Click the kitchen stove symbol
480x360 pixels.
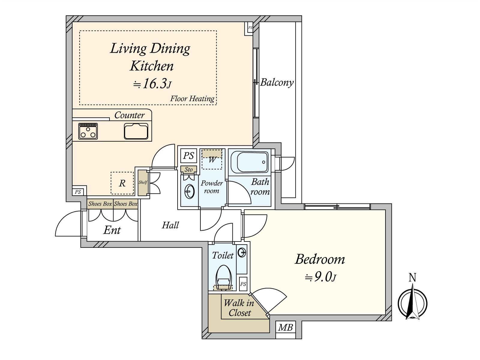(88, 131)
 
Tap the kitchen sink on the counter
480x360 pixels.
(136, 131)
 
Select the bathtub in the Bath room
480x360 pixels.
(250, 162)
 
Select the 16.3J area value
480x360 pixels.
(152, 84)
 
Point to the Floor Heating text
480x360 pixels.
(192, 99)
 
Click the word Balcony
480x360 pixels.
(277, 82)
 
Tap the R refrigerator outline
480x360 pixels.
(122, 183)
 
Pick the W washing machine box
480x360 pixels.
(212, 159)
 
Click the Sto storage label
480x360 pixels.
(188, 169)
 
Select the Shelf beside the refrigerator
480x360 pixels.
(142, 182)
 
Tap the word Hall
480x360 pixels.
(170, 225)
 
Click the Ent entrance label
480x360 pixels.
(112, 230)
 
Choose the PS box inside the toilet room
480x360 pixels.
(243, 284)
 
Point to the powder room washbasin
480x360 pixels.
(190, 192)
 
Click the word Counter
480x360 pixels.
(130, 115)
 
